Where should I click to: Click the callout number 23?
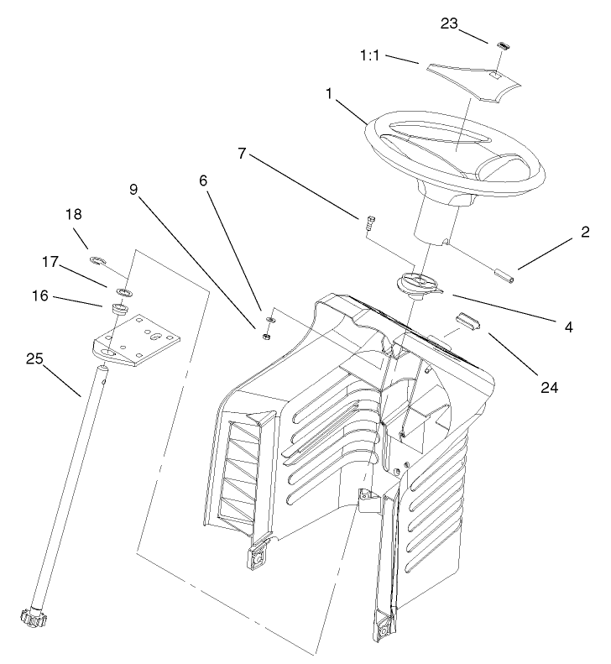[x=449, y=24]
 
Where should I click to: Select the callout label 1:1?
[x=369, y=55]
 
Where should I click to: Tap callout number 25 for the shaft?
[x=34, y=358]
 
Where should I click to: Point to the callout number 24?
[x=549, y=388]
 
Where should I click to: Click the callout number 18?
[x=73, y=214]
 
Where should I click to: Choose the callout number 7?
[x=242, y=154]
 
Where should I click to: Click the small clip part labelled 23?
[x=502, y=45]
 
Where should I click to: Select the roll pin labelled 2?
[x=504, y=275]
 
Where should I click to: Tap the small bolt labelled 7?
[x=368, y=222]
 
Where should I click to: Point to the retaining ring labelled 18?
[x=97, y=259]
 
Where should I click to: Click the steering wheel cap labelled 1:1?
[x=473, y=81]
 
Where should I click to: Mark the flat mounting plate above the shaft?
[x=136, y=339]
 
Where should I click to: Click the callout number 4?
[x=569, y=327]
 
